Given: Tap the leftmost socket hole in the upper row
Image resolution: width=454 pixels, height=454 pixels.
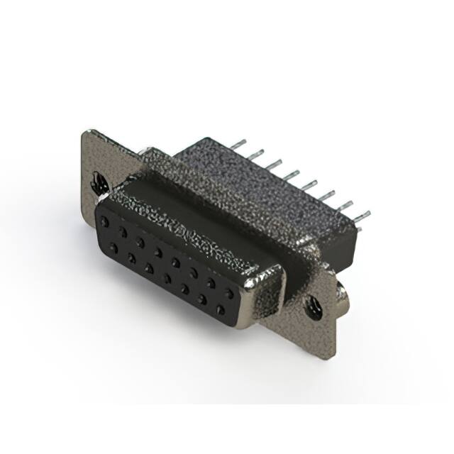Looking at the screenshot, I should (107, 222).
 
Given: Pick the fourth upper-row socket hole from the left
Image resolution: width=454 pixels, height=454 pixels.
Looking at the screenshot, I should (157, 250).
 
